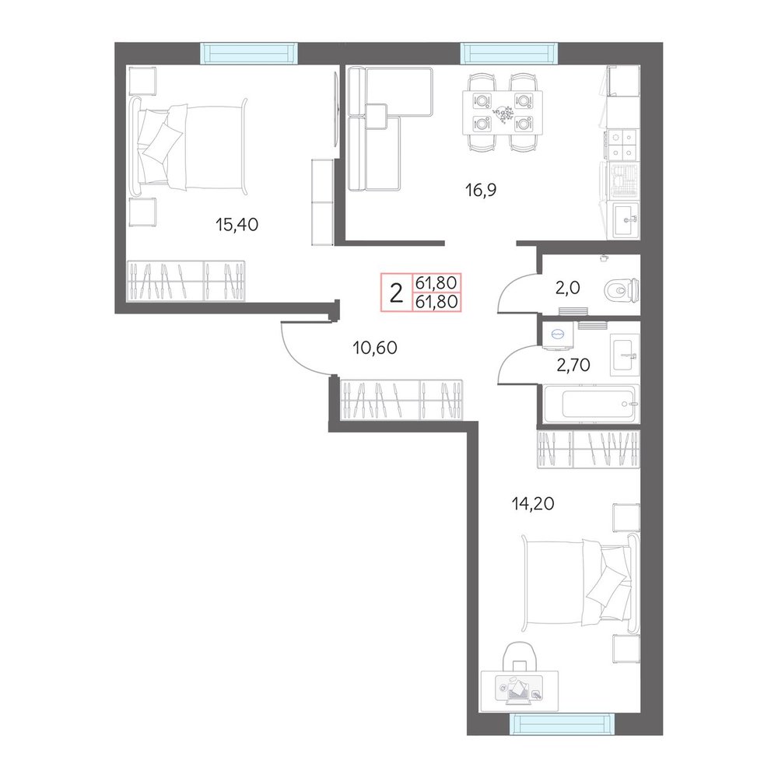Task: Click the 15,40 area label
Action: [x=237, y=225]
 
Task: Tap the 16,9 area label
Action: [x=481, y=190]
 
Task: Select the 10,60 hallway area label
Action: [x=375, y=348]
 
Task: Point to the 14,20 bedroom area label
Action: [x=533, y=503]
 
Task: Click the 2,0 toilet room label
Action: [x=568, y=287]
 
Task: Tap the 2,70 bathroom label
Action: [x=573, y=365]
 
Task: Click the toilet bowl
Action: [x=622, y=289]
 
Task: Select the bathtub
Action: [x=589, y=405]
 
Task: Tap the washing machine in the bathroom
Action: [x=558, y=335]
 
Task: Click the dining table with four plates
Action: [x=503, y=112]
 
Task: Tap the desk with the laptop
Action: [x=520, y=691]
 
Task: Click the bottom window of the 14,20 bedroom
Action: [x=561, y=724]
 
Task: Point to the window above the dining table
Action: [x=510, y=53]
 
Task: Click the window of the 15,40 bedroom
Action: [x=249, y=53]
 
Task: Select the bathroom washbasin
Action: [x=625, y=352]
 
